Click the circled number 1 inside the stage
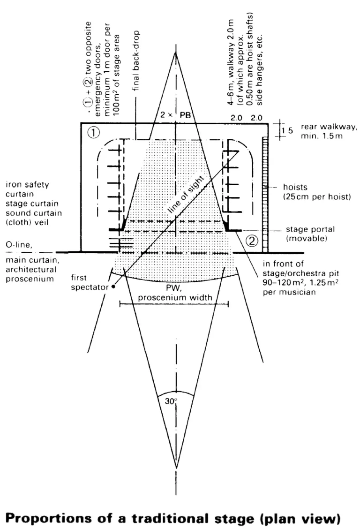[93, 132]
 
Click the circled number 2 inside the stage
[253, 241]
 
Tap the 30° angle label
[171, 401]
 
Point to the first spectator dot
[113, 287]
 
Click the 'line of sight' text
[186, 194]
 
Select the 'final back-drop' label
[136, 60]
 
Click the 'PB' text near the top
[185, 115]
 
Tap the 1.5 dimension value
[287, 130]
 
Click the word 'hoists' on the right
[295, 187]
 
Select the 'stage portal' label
[310, 229]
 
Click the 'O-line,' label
[19, 245]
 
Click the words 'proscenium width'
[175, 297]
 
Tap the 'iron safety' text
[27, 185]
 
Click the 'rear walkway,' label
[329, 127]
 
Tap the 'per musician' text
[289, 292]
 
